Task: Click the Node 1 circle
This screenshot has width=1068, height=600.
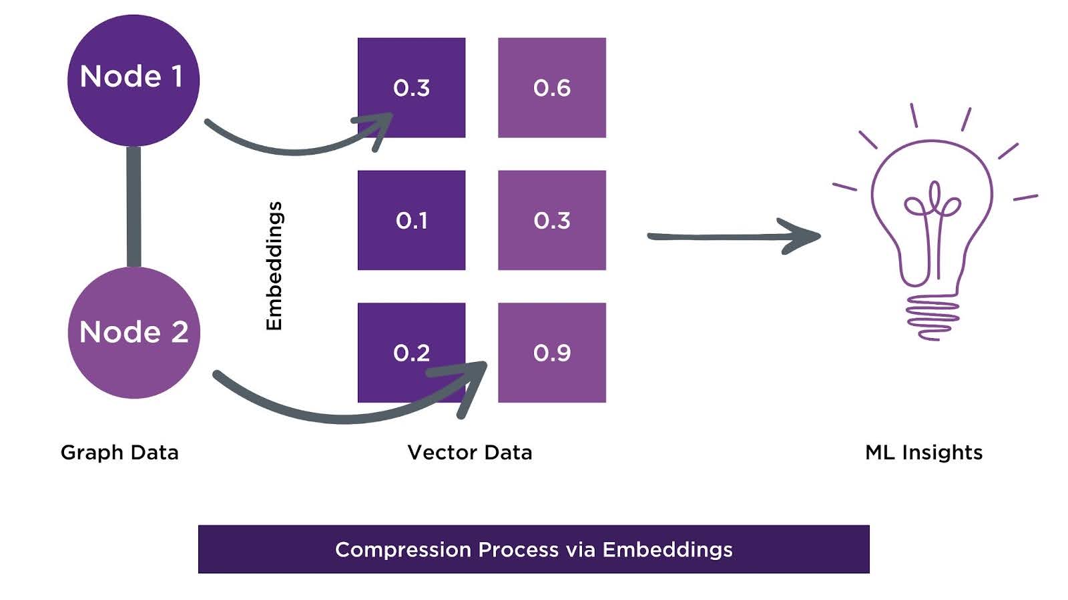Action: (x=133, y=80)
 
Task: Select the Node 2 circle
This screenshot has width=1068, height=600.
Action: (x=133, y=332)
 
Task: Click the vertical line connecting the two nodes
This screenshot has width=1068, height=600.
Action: (x=134, y=207)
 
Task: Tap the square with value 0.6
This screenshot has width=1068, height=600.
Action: (x=552, y=87)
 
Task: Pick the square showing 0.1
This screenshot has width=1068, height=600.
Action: (x=411, y=220)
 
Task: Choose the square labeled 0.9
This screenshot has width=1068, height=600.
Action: (x=552, y=353)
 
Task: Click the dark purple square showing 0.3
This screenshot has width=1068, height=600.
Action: (x=411, y=87)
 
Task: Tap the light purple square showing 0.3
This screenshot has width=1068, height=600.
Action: (x=552, y=220)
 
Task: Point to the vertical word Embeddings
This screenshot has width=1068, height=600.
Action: (x=274, y=265)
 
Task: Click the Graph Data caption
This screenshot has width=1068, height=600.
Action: (x=119, y=452)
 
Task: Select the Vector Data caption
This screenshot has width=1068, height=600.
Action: (x=470, y=452)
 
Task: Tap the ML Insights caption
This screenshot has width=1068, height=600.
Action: (x=924, y=452)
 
